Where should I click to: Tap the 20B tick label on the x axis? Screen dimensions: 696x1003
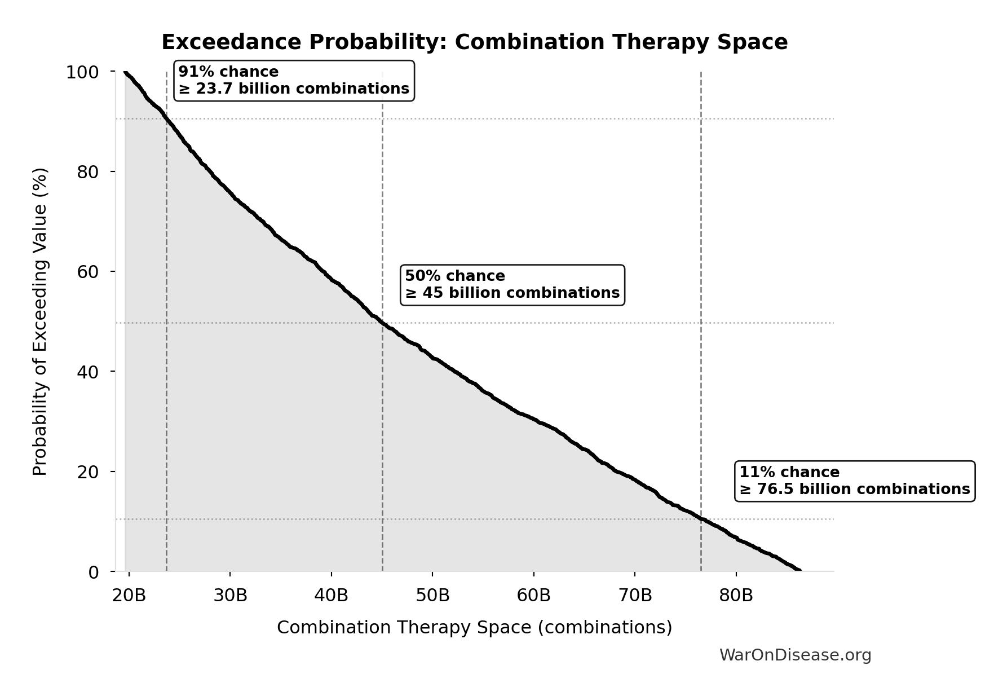click(x=129, y=596)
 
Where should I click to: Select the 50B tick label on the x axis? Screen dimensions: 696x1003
click(x=432, y=596)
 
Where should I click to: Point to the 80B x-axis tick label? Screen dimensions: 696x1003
click(x=736, y=596)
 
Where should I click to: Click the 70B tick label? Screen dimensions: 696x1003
click(x=635, y=596)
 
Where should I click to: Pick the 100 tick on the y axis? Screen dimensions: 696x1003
click(x=82, y=73)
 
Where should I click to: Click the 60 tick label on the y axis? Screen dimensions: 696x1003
click(x=88, y=272)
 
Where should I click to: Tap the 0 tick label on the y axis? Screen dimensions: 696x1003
click(x=94, y=572)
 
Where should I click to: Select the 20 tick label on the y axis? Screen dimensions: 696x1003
click(x=88, y=472)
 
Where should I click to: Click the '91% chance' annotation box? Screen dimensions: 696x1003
click(x=294, y=81)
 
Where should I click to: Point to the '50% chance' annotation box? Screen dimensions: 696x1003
click(x=512, y=285)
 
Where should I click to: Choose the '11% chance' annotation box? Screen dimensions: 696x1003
click(x=854, y=481)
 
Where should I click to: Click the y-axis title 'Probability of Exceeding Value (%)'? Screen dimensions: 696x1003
click(x=40, y=321)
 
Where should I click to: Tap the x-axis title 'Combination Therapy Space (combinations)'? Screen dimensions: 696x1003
click(x=474, y=628)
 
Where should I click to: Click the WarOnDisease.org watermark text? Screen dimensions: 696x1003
click(x=795, y=655)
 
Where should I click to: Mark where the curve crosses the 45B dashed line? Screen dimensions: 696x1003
click(x=382, y=323)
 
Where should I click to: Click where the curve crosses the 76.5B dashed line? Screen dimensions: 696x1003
click(x=701, y=519)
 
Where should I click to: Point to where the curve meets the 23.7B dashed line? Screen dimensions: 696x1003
click(x=166, y=118)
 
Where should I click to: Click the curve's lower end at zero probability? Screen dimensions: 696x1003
click(x=799, y=570)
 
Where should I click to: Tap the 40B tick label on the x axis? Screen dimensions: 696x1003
click(x=332, y=596)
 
